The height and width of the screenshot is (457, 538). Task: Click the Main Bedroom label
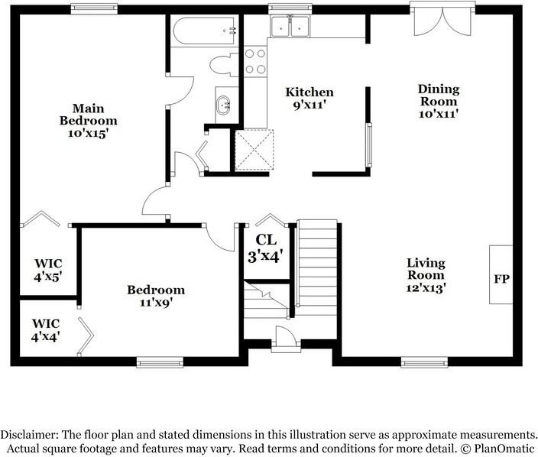coord(89,121)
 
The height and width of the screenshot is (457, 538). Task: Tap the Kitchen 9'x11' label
coord(310,99)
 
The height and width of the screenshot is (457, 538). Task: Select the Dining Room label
coord(438,101)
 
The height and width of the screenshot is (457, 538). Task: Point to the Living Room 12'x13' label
coord(426,275)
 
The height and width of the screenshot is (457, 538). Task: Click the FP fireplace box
coord(501,275)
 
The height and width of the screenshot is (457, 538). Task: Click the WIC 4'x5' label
coord(47,270)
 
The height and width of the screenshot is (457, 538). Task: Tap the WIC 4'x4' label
coord(46,329)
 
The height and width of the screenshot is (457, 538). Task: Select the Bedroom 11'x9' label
coord(156,297)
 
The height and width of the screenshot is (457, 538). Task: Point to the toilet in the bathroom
coord(223,65)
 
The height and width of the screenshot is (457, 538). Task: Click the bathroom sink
coord(224,106)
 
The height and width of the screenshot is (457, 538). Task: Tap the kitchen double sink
coord(290,27)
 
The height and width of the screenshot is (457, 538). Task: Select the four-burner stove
coord(254,62)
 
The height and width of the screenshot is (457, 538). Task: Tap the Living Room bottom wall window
coord(424,362)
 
